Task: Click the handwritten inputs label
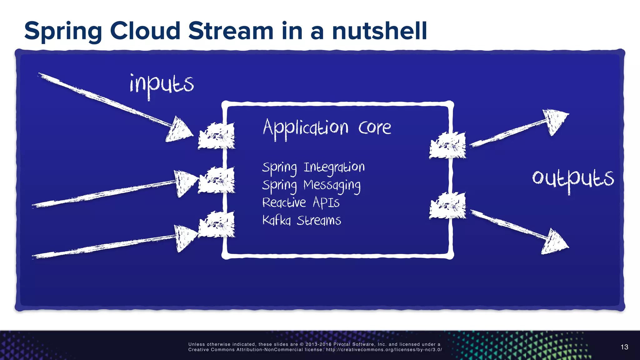(162, 85)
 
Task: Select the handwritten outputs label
(573, 179)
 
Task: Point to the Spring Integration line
(313, 168)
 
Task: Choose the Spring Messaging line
(311, 185)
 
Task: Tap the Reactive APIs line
(301, 203)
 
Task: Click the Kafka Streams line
(302, 221)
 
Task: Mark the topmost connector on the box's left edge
(217, 136)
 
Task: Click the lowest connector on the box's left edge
(217, 224)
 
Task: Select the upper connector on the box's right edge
(447, 145)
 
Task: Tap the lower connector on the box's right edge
(447, 205)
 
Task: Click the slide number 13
(624, 347)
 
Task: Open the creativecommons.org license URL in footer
(384, 350)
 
